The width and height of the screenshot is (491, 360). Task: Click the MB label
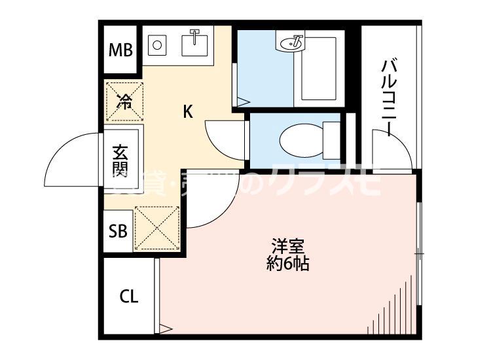tap(120, 50)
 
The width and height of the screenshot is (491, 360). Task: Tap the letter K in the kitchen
tap(188, 112)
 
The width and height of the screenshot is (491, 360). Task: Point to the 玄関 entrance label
tap(120, 161)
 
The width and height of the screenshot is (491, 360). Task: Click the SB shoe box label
tap(118, 230)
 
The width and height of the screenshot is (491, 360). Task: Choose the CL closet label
tap(129, 297)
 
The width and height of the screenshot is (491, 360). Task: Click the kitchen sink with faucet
tap(194, 45)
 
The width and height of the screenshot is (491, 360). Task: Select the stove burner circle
tap(156, 45)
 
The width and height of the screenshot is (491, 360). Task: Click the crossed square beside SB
tap(157, 228)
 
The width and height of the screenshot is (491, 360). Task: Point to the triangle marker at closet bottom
tap(166, 329)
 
